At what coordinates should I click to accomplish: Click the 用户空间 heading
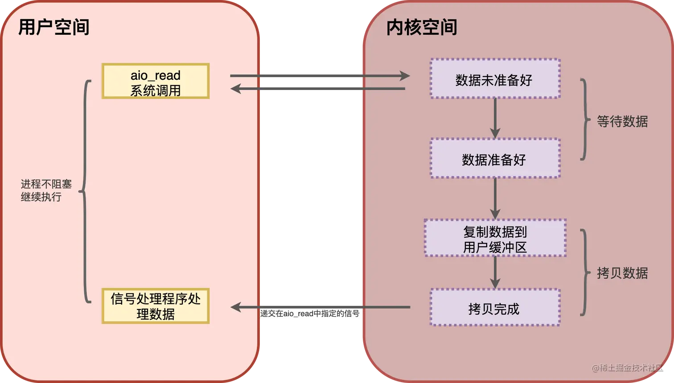click(53, 27)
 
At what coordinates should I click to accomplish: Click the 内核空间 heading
click(422, 27)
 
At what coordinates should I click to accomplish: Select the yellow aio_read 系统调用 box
click(156, 81)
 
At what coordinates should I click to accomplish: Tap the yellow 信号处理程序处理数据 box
click(156, 306)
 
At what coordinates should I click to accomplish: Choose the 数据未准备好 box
click(495, 79)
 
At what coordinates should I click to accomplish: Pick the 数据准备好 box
click(495, 159)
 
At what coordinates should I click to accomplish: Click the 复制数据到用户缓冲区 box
click(495, 238)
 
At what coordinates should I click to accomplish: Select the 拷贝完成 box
click(495, 308)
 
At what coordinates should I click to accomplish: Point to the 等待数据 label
click(622, 121)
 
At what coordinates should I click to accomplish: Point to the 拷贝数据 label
click(622, 273)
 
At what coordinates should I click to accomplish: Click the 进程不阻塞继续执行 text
click(46, 190)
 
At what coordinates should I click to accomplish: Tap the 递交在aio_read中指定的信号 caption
click(310, 314)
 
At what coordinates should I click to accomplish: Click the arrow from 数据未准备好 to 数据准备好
click(495, 118)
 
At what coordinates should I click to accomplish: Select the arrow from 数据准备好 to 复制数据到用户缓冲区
click(495, 198)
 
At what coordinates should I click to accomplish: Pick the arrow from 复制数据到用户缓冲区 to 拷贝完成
click(495, 273)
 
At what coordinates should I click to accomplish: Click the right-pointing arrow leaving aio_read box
click(319, 76)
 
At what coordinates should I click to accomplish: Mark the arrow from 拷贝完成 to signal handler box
click(320, 307)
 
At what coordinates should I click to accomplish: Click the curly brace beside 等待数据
click(585, 119)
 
